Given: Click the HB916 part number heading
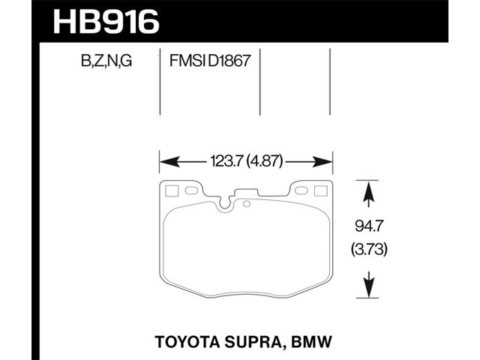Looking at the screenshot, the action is [106, 22].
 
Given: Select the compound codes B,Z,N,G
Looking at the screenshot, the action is [106, 61].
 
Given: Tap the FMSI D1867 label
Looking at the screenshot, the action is [210, 61].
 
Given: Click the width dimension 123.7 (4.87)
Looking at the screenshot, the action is [246, 161].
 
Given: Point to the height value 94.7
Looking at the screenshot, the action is [369, 226].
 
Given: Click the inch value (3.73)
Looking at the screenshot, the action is [369, 249].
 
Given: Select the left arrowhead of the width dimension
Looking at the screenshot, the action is [170, 161].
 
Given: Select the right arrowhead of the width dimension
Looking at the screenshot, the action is [322, 161].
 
